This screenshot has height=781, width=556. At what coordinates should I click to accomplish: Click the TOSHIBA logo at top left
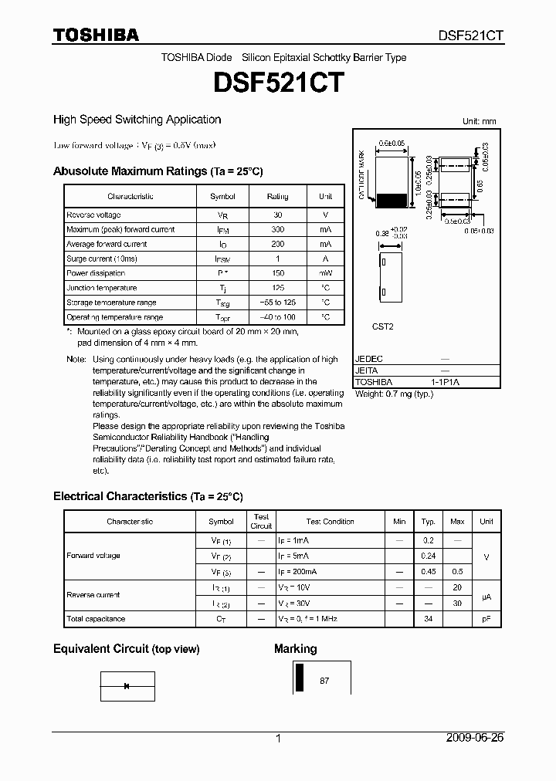[x=96, y=35]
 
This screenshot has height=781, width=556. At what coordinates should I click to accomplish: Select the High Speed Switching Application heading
[x=137, y=120]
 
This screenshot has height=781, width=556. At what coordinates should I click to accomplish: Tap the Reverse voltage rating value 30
[x=277, y=215]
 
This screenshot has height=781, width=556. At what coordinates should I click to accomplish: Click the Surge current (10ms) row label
[x=101, y=259]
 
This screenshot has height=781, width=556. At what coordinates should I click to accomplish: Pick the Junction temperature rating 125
[x=277, y=288]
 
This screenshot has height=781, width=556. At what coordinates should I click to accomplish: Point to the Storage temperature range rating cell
[x=277, y=303]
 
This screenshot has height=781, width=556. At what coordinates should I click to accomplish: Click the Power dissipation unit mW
[x=325, y=273]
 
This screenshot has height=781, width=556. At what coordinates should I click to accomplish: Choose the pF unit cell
[x=486, y=619]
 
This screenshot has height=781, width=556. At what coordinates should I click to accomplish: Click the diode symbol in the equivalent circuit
[x=127, y=685]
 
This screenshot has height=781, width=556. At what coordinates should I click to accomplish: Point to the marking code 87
[x=324, y=681]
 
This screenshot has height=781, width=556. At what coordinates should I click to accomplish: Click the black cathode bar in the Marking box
[x=300, y=678]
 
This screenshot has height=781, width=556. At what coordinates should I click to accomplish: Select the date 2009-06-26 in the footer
[x=475, y=738]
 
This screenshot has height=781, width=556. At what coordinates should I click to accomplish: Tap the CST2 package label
[x=383, y=326]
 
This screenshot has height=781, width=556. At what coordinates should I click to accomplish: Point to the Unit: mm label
[x=479, y=122]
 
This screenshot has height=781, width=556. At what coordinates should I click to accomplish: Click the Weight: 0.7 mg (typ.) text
[x=394, y=394]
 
